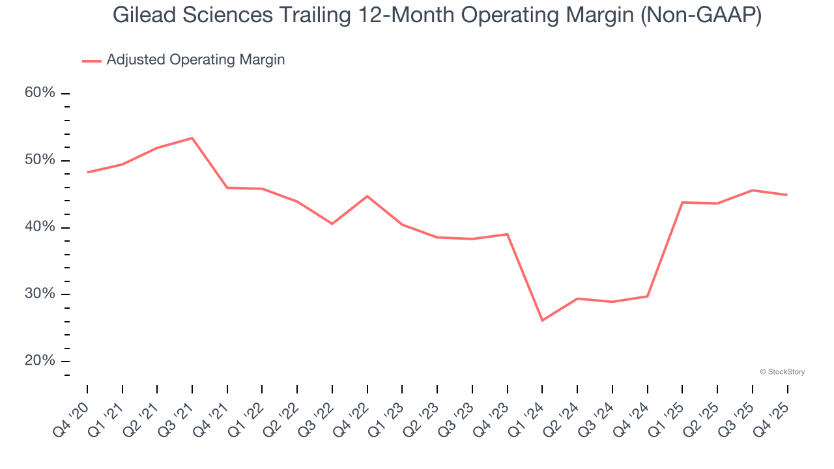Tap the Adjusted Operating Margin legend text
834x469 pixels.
(195, 60)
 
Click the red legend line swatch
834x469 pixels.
(91, 61)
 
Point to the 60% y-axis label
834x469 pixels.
(40, 93)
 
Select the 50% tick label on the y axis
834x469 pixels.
(40, 160)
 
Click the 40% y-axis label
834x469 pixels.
(40, 227)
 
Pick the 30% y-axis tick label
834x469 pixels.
(40, 294)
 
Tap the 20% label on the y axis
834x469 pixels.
(40, 361)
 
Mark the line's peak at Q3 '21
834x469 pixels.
(192, 138)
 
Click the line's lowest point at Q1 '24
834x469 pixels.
(542, 320)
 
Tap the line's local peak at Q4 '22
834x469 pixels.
(367, 196)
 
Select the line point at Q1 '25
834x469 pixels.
(682, 203)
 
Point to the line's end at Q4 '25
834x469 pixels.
(787, 195)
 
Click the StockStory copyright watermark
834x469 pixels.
(782, 372)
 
